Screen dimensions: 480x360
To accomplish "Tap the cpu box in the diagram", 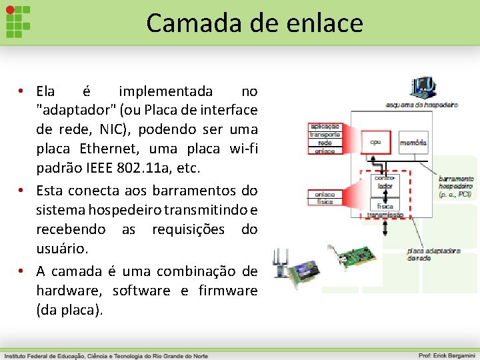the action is tap(376, 142).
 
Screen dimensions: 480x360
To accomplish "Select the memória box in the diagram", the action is tap(413, 142).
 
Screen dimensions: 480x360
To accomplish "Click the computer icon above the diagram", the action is tap(423, 88).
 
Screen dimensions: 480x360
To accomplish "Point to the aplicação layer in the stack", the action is tap(325, 126).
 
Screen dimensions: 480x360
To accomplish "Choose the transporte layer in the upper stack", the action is tap(325, 134).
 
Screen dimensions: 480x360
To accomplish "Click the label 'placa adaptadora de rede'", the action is tap(433, 254).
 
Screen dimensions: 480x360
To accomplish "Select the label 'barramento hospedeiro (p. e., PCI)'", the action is tap(456, 187).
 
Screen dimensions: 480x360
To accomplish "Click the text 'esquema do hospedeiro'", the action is tap(421, 105).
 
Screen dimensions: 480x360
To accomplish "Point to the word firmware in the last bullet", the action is tap(227, 291).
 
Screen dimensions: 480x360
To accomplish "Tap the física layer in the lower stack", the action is tap(325, 202).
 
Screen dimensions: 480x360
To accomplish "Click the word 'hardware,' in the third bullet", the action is tap(69, 291).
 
